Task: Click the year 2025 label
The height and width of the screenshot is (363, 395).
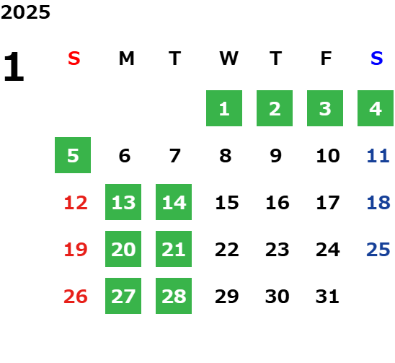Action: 25,12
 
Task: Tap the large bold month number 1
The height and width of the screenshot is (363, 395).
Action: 14,66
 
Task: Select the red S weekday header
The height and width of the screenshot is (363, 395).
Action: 74,58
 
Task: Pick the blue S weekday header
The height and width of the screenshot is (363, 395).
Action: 376,58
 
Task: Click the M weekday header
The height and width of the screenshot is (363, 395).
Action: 126,58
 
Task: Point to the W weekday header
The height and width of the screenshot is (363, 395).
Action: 228,58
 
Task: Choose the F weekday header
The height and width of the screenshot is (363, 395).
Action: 327,58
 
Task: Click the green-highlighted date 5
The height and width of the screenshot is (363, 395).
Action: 73,155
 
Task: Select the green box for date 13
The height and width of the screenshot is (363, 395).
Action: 123,202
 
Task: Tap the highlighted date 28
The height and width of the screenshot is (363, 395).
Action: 174,296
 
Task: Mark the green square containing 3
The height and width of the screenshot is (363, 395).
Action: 325,108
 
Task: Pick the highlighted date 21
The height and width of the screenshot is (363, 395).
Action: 174,249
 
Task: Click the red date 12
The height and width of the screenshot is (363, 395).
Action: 76,202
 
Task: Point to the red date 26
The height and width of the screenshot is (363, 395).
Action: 76,296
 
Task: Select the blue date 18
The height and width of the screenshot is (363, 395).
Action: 378,202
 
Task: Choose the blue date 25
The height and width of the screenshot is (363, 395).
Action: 378,249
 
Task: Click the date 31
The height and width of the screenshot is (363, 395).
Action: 327,296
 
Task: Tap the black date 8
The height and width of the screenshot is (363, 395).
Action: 225,155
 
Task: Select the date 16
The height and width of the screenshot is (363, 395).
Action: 278,202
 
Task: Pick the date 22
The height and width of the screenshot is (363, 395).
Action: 227,249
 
